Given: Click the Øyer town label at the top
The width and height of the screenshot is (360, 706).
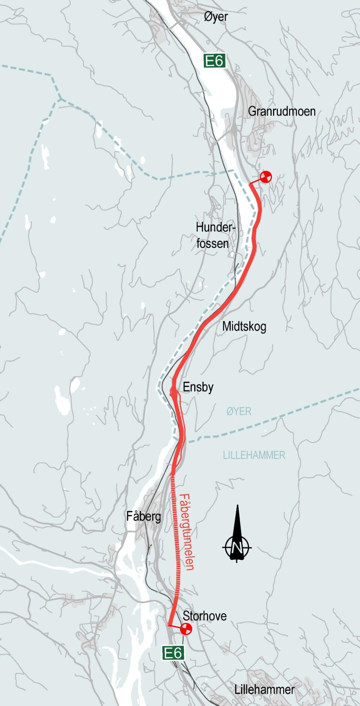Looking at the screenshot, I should point(216,17).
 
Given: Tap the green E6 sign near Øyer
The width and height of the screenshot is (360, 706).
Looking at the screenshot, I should point(214,60).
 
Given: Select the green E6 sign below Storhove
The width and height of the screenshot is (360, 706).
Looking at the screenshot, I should point(173,653).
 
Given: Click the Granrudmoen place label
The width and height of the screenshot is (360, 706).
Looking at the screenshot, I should point(282,111).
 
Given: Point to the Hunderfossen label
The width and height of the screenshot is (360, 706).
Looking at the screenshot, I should point(214,235).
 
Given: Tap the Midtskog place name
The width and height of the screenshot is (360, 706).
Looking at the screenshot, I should point(244,326).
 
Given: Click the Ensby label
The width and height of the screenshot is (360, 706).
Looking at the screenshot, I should point(198,387).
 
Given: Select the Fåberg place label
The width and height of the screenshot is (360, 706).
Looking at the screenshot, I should point(144,517).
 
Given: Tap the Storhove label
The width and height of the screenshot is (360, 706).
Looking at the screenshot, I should point(205,616).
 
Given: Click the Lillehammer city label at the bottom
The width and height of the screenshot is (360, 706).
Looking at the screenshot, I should point(264,689).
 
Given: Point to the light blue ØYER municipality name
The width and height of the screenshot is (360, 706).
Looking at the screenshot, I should point(239,412).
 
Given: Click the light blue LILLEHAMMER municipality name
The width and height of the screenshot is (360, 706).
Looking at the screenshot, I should point(254,455).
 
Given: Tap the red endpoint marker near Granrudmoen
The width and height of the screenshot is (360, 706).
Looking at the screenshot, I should point(266,176).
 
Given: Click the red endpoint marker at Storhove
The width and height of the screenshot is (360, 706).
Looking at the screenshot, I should point(186,629).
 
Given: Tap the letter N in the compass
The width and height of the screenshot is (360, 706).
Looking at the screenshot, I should point(237,548).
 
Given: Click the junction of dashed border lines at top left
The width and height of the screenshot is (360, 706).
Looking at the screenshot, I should point(60,99).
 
